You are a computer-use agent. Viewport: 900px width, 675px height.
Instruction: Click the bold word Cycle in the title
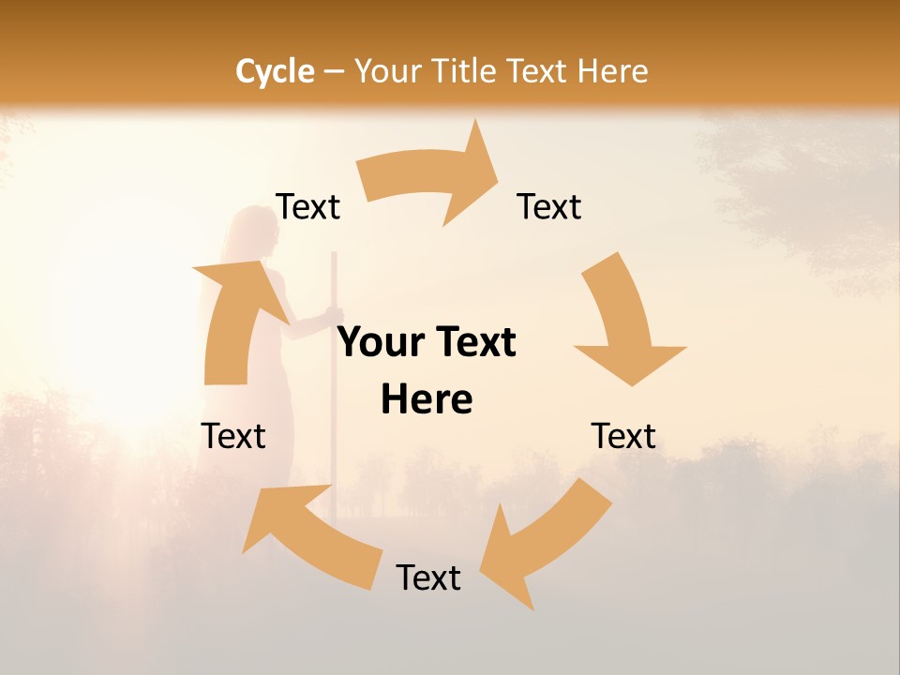pos(275,71)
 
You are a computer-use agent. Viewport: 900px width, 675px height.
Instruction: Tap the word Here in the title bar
pos(612,71)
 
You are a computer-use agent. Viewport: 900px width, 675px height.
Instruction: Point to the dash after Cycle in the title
pos(334,72)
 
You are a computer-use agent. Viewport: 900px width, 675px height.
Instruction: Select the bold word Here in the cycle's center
pos(427,400)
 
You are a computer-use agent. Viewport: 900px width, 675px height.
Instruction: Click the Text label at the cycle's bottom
pos(428,577)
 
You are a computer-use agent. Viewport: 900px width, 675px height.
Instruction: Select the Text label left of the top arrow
pos(308,206)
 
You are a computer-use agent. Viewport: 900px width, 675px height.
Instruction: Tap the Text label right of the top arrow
pos(549,206)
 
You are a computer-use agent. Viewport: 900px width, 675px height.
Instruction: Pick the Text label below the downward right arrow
pos(623,436)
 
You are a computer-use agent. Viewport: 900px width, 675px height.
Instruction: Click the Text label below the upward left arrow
pos(233,436)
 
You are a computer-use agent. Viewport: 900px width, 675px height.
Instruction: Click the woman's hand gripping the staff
pos(335,316)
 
